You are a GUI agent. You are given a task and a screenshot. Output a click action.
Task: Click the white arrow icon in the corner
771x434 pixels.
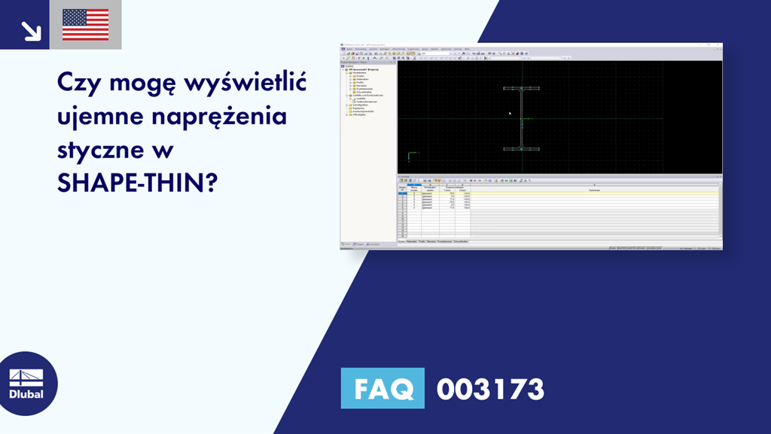click(x=31, y=30)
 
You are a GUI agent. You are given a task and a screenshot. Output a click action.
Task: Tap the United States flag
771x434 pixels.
click(x=85, y=25)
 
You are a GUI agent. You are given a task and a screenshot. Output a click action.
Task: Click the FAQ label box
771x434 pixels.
click(x=382, y=389)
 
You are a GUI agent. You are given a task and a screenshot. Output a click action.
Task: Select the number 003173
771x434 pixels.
click(x=490, y=389)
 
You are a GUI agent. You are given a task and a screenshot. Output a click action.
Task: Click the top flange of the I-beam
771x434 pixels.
click(x=521, y=88)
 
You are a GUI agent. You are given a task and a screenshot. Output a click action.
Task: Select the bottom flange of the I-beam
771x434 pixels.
click(x=521, y=148)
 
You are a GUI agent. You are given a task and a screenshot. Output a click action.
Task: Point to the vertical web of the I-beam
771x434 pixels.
click(x=521, y=118)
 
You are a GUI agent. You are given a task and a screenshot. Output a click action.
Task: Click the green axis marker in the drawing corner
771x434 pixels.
click(x=409, y=156)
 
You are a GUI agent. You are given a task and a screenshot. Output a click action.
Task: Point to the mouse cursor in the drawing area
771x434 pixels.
click(x=510, y=114)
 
